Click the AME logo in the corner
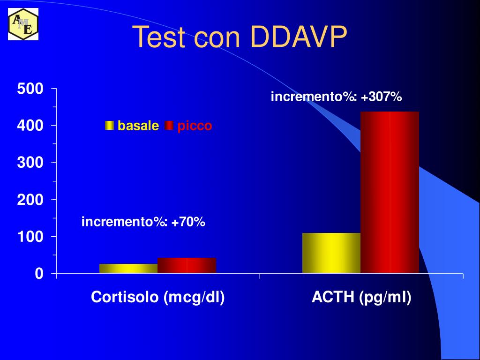click(x=23, y=24)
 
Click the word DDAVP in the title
click(x=299, y=37)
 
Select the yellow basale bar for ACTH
click(x=331, y=253)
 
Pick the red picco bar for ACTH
click(x=390, y=192)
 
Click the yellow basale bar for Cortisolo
click(x=128, y=268)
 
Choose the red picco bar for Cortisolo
click(x=187, y=265)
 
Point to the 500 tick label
click(x=30, y=89)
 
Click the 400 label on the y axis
click(x=30, y=126)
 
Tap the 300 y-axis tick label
click(x=30, y=163)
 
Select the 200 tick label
click(x=30, y=200)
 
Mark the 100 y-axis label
click(x=30, y=237)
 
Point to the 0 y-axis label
click(x=38, y=274)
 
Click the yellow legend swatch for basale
click(x=110, y=126)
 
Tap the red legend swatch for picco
click(x=169, y=126)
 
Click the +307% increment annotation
click(x=336, y=97)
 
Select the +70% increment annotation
click(x=143, y=222)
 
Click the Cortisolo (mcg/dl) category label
click(x=158, y=297)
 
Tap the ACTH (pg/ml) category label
click(x=361, y=297)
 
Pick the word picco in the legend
click(x=195, y=126)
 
